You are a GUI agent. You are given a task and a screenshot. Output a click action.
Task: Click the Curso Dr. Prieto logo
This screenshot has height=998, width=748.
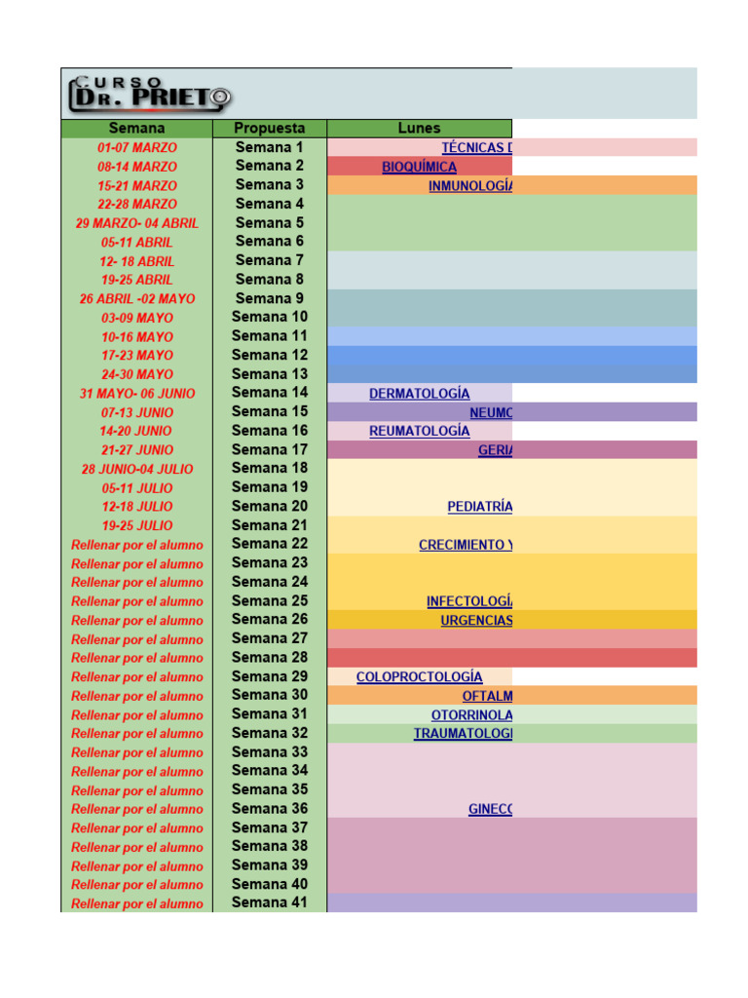click(150, 94)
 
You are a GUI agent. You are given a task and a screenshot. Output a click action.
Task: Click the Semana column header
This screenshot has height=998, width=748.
click(136, 129)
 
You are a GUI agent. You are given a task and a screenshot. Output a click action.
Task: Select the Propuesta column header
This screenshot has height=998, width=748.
click(269, 129)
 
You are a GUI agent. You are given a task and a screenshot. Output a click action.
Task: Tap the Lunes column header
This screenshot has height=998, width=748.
click(419, 129)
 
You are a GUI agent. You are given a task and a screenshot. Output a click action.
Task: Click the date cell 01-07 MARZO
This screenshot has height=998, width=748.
click(136, 148)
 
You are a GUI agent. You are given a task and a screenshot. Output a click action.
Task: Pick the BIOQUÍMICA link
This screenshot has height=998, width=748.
click(419, 167)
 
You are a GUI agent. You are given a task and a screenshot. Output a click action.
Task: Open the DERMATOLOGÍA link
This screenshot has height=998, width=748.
click(419, 394)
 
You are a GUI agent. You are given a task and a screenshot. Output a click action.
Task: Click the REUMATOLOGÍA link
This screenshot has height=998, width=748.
click(419, 431)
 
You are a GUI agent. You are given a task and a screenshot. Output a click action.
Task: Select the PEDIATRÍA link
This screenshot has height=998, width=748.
click(479, 507)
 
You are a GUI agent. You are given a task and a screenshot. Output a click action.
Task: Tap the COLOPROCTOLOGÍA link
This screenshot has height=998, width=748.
click(419, 676)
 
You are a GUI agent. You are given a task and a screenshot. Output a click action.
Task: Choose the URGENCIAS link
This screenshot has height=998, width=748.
click(475, 620)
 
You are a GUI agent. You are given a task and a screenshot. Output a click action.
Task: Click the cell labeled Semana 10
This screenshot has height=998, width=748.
click(269, 317)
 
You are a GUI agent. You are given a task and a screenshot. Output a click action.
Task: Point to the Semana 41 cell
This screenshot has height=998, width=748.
click(269, 902)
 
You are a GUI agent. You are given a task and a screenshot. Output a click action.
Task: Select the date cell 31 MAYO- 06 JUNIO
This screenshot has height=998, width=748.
click(136, 394)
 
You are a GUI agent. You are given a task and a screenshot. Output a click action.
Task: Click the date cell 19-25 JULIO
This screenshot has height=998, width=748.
click(136, 525)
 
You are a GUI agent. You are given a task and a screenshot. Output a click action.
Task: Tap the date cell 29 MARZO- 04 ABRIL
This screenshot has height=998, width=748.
click(136, 223)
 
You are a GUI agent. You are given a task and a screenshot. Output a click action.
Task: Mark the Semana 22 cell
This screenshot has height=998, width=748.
click(269, 544)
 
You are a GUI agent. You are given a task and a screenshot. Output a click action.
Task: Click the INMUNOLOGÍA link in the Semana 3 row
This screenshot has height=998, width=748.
click(469, 186)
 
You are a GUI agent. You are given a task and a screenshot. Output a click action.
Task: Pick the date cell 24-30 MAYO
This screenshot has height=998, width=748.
click(136, 374)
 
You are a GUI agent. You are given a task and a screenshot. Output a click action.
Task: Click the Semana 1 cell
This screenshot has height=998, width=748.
click(269, 147)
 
